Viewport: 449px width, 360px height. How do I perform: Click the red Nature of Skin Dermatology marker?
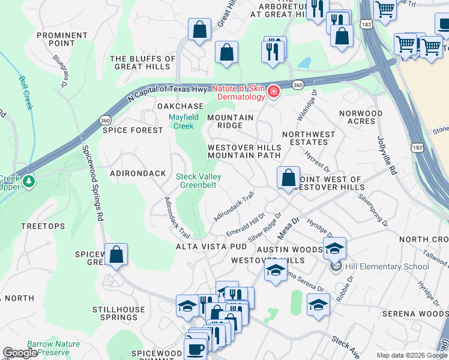coord(273,92)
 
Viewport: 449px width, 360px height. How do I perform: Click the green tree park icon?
coord(28,179)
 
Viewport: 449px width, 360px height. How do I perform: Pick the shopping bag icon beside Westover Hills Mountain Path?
coord(289,178)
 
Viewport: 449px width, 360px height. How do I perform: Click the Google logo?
coord(20,353)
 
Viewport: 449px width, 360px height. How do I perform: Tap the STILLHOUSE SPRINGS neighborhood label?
coord(118,314)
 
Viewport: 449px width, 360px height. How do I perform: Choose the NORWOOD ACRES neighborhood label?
coord(360,117)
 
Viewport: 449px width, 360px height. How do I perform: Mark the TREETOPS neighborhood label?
coord(43,226)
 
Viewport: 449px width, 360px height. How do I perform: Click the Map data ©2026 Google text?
coord(412,355)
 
